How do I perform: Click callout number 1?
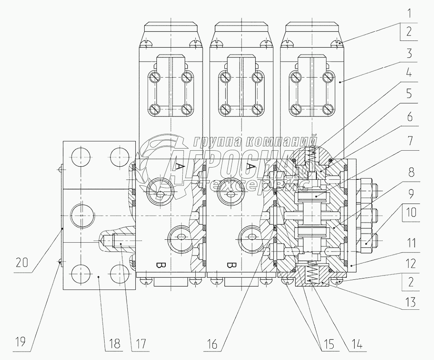(x=410, y=13)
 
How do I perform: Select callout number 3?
(x=410, y=53)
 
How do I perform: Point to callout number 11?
(x=410, y=244)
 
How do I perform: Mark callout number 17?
(x=140, y=344)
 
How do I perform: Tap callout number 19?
(x=21, y=342)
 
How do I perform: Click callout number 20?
(x=22, y=263)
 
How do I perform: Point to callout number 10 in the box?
(x=411, y=213)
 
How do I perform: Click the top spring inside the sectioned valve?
(x=313, y=155)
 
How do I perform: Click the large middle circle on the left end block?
(x=81, y=215)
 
